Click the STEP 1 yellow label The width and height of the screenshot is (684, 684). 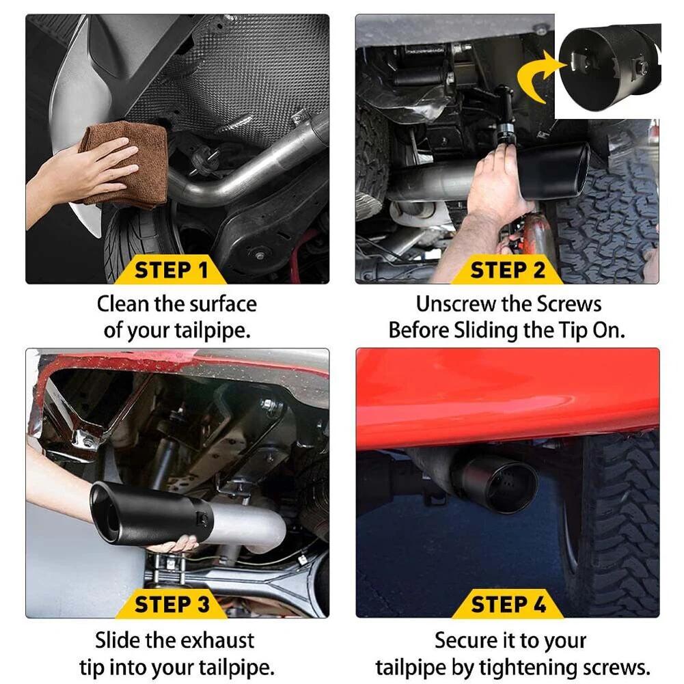pos(171,270)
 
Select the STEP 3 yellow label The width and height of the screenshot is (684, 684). pos(171,604)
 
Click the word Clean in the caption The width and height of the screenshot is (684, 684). pos(122,303)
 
